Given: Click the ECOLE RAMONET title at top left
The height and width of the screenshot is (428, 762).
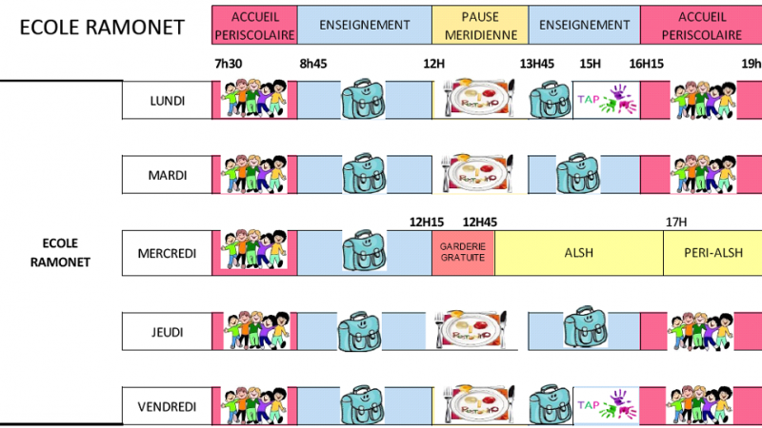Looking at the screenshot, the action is point(102,28).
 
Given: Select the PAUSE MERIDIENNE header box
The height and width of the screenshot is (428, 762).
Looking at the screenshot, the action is point(480,26).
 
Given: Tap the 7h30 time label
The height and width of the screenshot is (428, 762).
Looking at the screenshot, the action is point(229,64).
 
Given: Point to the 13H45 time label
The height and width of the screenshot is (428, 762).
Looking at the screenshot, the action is point(537,64).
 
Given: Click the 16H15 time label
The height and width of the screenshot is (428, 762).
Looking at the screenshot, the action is point(647,64).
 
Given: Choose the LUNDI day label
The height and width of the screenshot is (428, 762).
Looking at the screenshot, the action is point(168,101).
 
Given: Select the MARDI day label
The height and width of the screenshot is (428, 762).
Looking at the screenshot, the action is point(168,175).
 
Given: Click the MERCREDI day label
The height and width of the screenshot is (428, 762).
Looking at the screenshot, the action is point(168,253).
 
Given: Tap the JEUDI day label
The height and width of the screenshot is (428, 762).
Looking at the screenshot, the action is point(168,332).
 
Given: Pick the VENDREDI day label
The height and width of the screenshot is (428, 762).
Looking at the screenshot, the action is point(168,407).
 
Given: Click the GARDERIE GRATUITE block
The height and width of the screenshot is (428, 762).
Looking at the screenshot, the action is point(463,253).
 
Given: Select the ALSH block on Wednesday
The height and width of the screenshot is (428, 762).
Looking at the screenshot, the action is point(579,253).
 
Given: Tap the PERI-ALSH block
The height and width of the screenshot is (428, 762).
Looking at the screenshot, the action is point(712,253).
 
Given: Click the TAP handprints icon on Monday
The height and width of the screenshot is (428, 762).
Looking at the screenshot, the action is point(607,100).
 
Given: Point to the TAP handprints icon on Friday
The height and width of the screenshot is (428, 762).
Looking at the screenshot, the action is point(607,405).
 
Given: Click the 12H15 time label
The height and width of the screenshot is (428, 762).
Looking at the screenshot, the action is point(426,223).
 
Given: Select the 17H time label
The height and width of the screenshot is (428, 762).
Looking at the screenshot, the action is point(676,223).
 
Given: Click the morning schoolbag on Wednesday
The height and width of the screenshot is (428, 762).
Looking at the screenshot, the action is point(365,250).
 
